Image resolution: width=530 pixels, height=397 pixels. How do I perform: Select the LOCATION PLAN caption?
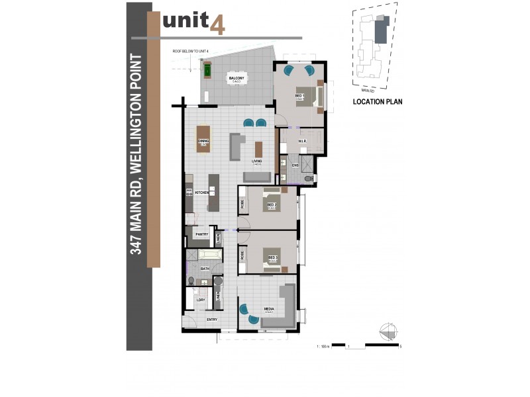(378, 102)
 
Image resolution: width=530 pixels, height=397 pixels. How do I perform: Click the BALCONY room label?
(237, 79)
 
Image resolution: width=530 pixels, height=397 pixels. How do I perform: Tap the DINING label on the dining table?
(203, 140)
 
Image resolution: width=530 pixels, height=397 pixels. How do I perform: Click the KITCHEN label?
(202, 192)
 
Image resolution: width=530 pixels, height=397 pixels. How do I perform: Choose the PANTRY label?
(201, 235)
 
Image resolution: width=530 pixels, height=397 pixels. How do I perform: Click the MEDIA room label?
(269, 308)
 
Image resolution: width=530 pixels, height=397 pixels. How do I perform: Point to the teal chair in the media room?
(246, 310)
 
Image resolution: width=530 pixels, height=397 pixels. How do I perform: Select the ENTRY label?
(211, 320)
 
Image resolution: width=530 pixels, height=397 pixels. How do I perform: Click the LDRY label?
(199, 300)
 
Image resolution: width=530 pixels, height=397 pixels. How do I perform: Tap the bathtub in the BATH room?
(205, 257)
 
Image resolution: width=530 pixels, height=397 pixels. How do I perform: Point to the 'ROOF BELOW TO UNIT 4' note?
(190, 51)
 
